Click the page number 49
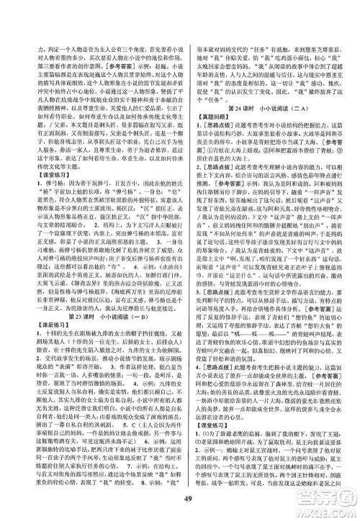(180, 502)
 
